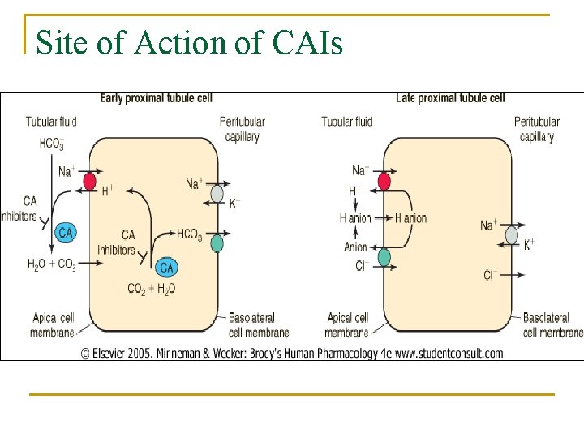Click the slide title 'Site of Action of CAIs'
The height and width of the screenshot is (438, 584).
pyautogui.click(x=190, y=41)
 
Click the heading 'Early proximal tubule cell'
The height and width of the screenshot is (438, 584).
pyautogui.click(x=156, y=98)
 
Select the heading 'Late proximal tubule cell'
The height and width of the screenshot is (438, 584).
pyautogui.click(x=450, y=98)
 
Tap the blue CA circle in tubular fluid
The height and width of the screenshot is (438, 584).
pyautogui.click(x=66, y=233)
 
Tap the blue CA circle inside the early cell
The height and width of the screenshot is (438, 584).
pyautogui.click(x=167, y=267)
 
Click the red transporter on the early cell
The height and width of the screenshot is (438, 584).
pyautogui.click(x=89, y=181)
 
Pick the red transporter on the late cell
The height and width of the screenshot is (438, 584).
pyautogui.click(x=384, y=180)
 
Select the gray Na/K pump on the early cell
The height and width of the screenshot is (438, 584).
pyautogui.click(x=217, y=193)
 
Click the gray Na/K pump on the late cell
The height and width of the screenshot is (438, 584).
pyautogui.click(x=511, y=235)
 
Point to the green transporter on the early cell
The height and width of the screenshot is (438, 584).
pyautogui.click(x=217, y=243)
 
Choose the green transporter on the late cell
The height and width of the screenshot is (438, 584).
pyautogui.click(x=384, y=257)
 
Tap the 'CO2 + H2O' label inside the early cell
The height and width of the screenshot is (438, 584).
pyautogui.click(x=152, y=288)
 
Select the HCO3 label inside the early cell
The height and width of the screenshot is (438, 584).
pyautogui.click(x=189, y=234)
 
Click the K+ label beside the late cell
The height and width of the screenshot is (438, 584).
pyautogui.click(x=529, y=244)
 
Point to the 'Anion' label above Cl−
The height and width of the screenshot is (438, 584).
pyautogui.click(x=355, y=247)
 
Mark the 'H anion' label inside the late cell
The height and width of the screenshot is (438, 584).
pyautogui.click(x=410, y=218)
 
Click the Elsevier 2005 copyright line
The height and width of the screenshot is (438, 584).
pyautogui.click(x=292, y=353)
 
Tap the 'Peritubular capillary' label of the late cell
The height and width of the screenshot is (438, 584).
pyautogui.click(x=536, y=130)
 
